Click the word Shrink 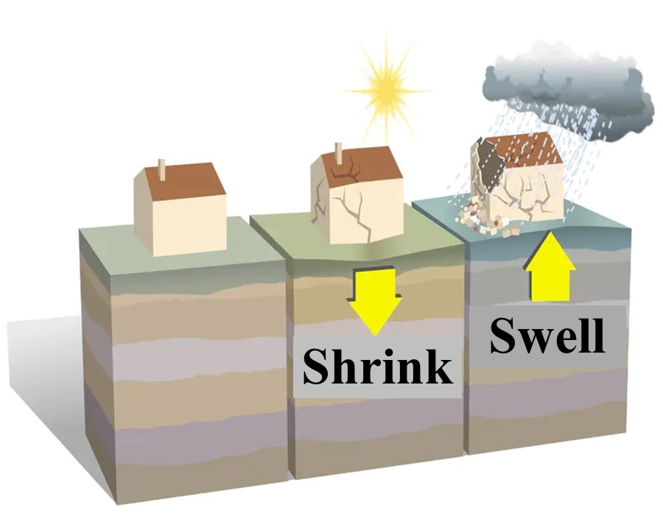[x=377, y=366]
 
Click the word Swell [x=547, y=335]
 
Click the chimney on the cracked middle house [x=339, y=153]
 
